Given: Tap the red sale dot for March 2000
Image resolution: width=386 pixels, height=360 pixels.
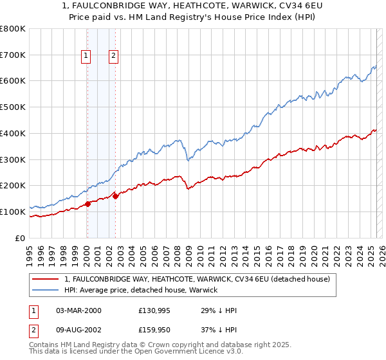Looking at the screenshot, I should pos(87,204).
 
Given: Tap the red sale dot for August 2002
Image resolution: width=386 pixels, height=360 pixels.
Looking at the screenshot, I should pos(115,196).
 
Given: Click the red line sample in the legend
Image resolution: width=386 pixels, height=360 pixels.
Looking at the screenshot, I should pos(46,279).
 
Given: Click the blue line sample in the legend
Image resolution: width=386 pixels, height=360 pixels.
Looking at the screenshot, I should pos(46,290).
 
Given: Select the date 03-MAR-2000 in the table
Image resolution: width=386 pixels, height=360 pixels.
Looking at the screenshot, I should pos(78,310).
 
